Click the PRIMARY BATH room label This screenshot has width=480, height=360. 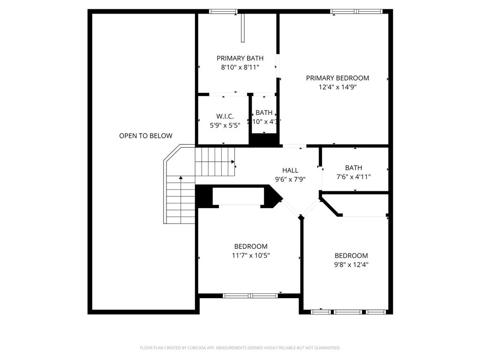click(x=240, y=58)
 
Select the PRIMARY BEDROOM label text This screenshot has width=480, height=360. click(x=337, y=78)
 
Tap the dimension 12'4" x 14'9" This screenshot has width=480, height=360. click(x=337, y=87)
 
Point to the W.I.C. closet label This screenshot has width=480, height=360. click(x=225, y=116)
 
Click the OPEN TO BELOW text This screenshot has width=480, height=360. click(x=145, y=136)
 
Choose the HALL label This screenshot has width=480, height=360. click(x=290, y=170)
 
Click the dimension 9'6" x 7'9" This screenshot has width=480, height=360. click(x=290, y=179)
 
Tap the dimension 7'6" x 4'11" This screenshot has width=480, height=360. click(x=353, y=177)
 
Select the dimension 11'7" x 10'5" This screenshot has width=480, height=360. click(x=251, y=255)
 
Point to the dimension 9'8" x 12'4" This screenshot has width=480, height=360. click(x=351, y=264)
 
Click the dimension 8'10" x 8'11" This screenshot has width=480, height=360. click(x=240, y=67)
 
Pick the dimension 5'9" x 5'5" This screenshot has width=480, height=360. click(x=225, y=125)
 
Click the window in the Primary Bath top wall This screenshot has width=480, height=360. click(x=223, y=11)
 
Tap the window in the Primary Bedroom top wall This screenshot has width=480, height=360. click(x=356, y=11)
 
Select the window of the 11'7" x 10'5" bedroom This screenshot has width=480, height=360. click(x=250, y=296)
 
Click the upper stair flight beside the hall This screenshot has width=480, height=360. click(x=214, y=161)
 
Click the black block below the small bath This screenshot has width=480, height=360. click(x=264, y=140)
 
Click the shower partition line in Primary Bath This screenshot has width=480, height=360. click(x=243, y=28)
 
